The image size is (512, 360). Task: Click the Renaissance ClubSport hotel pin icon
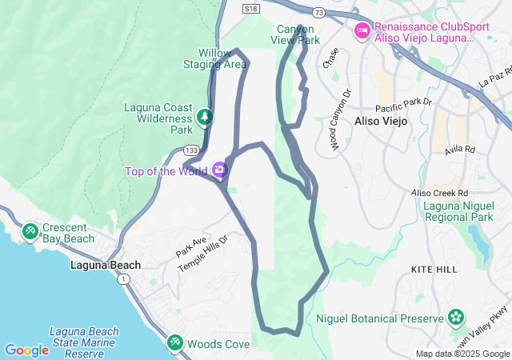tap(362, 30)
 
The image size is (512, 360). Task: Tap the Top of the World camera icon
tap(218, 170)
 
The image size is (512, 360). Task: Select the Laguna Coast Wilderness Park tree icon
tap(206, 117)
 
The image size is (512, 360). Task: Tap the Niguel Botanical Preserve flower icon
tap(456, 317)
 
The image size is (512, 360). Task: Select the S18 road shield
tap(251, 8)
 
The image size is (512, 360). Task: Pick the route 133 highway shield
tap(192, 150)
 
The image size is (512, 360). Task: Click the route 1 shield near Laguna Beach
tap(123, 280)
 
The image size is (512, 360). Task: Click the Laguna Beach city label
tap(106, 265)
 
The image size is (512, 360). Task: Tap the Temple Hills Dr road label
tap(203, 254)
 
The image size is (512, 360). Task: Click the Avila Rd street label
tap(460, 150)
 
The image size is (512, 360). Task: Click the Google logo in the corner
tap(26, 350)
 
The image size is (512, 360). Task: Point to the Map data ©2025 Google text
tap(462, 354)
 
